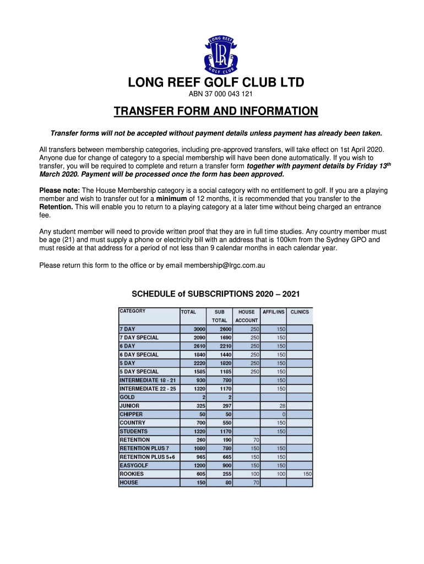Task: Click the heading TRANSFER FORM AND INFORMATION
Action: [x=216, y=112]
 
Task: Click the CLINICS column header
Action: [x=300, y=312]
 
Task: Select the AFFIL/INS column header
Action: [x=274, y=312]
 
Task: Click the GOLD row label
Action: [x=127, y=397]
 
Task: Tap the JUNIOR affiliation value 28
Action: [x=282, y=406]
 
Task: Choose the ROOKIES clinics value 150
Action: [x=307, y=474]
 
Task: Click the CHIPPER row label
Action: [x=131, y=414]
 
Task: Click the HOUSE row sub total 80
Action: [x=227, y=483]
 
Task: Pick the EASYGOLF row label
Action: [x=133, y=465]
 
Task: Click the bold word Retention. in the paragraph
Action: [x=56, y=207]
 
